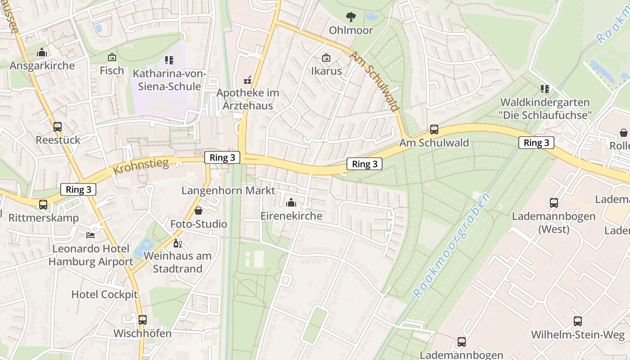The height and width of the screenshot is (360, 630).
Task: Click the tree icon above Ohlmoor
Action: (351, 17)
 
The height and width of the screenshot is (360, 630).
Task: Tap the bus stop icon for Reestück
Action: (58, 127)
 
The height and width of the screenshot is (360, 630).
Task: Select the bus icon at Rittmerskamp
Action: (43, 205)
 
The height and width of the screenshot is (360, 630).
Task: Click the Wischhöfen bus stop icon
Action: (143, 320)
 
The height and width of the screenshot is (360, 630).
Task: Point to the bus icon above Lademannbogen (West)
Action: (554, 203)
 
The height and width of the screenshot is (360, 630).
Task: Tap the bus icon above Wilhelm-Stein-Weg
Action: (578, 321)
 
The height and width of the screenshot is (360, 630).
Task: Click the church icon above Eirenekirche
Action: (291, 202)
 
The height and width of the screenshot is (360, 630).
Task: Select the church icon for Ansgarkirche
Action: (42, 53)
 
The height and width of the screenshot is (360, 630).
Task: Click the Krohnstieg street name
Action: (141, 166)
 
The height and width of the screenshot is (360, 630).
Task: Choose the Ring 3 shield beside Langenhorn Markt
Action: (222, 157)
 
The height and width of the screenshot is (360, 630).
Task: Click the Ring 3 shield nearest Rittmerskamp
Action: (78, 189)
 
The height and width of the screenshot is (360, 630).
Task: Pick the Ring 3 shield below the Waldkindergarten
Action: (536, 143)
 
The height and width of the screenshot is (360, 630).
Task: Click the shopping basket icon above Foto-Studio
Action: (198, 211)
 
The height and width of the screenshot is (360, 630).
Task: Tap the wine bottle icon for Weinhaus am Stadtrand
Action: (178, 243)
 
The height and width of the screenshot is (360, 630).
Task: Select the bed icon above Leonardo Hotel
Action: (90, 235)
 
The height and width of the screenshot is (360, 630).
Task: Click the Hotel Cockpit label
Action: (104, 295)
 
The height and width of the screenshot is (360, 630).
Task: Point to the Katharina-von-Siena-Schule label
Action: (170, 80)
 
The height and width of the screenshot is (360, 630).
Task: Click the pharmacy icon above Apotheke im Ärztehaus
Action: (247, 80)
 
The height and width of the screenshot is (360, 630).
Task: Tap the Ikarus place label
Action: (327, 71)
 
